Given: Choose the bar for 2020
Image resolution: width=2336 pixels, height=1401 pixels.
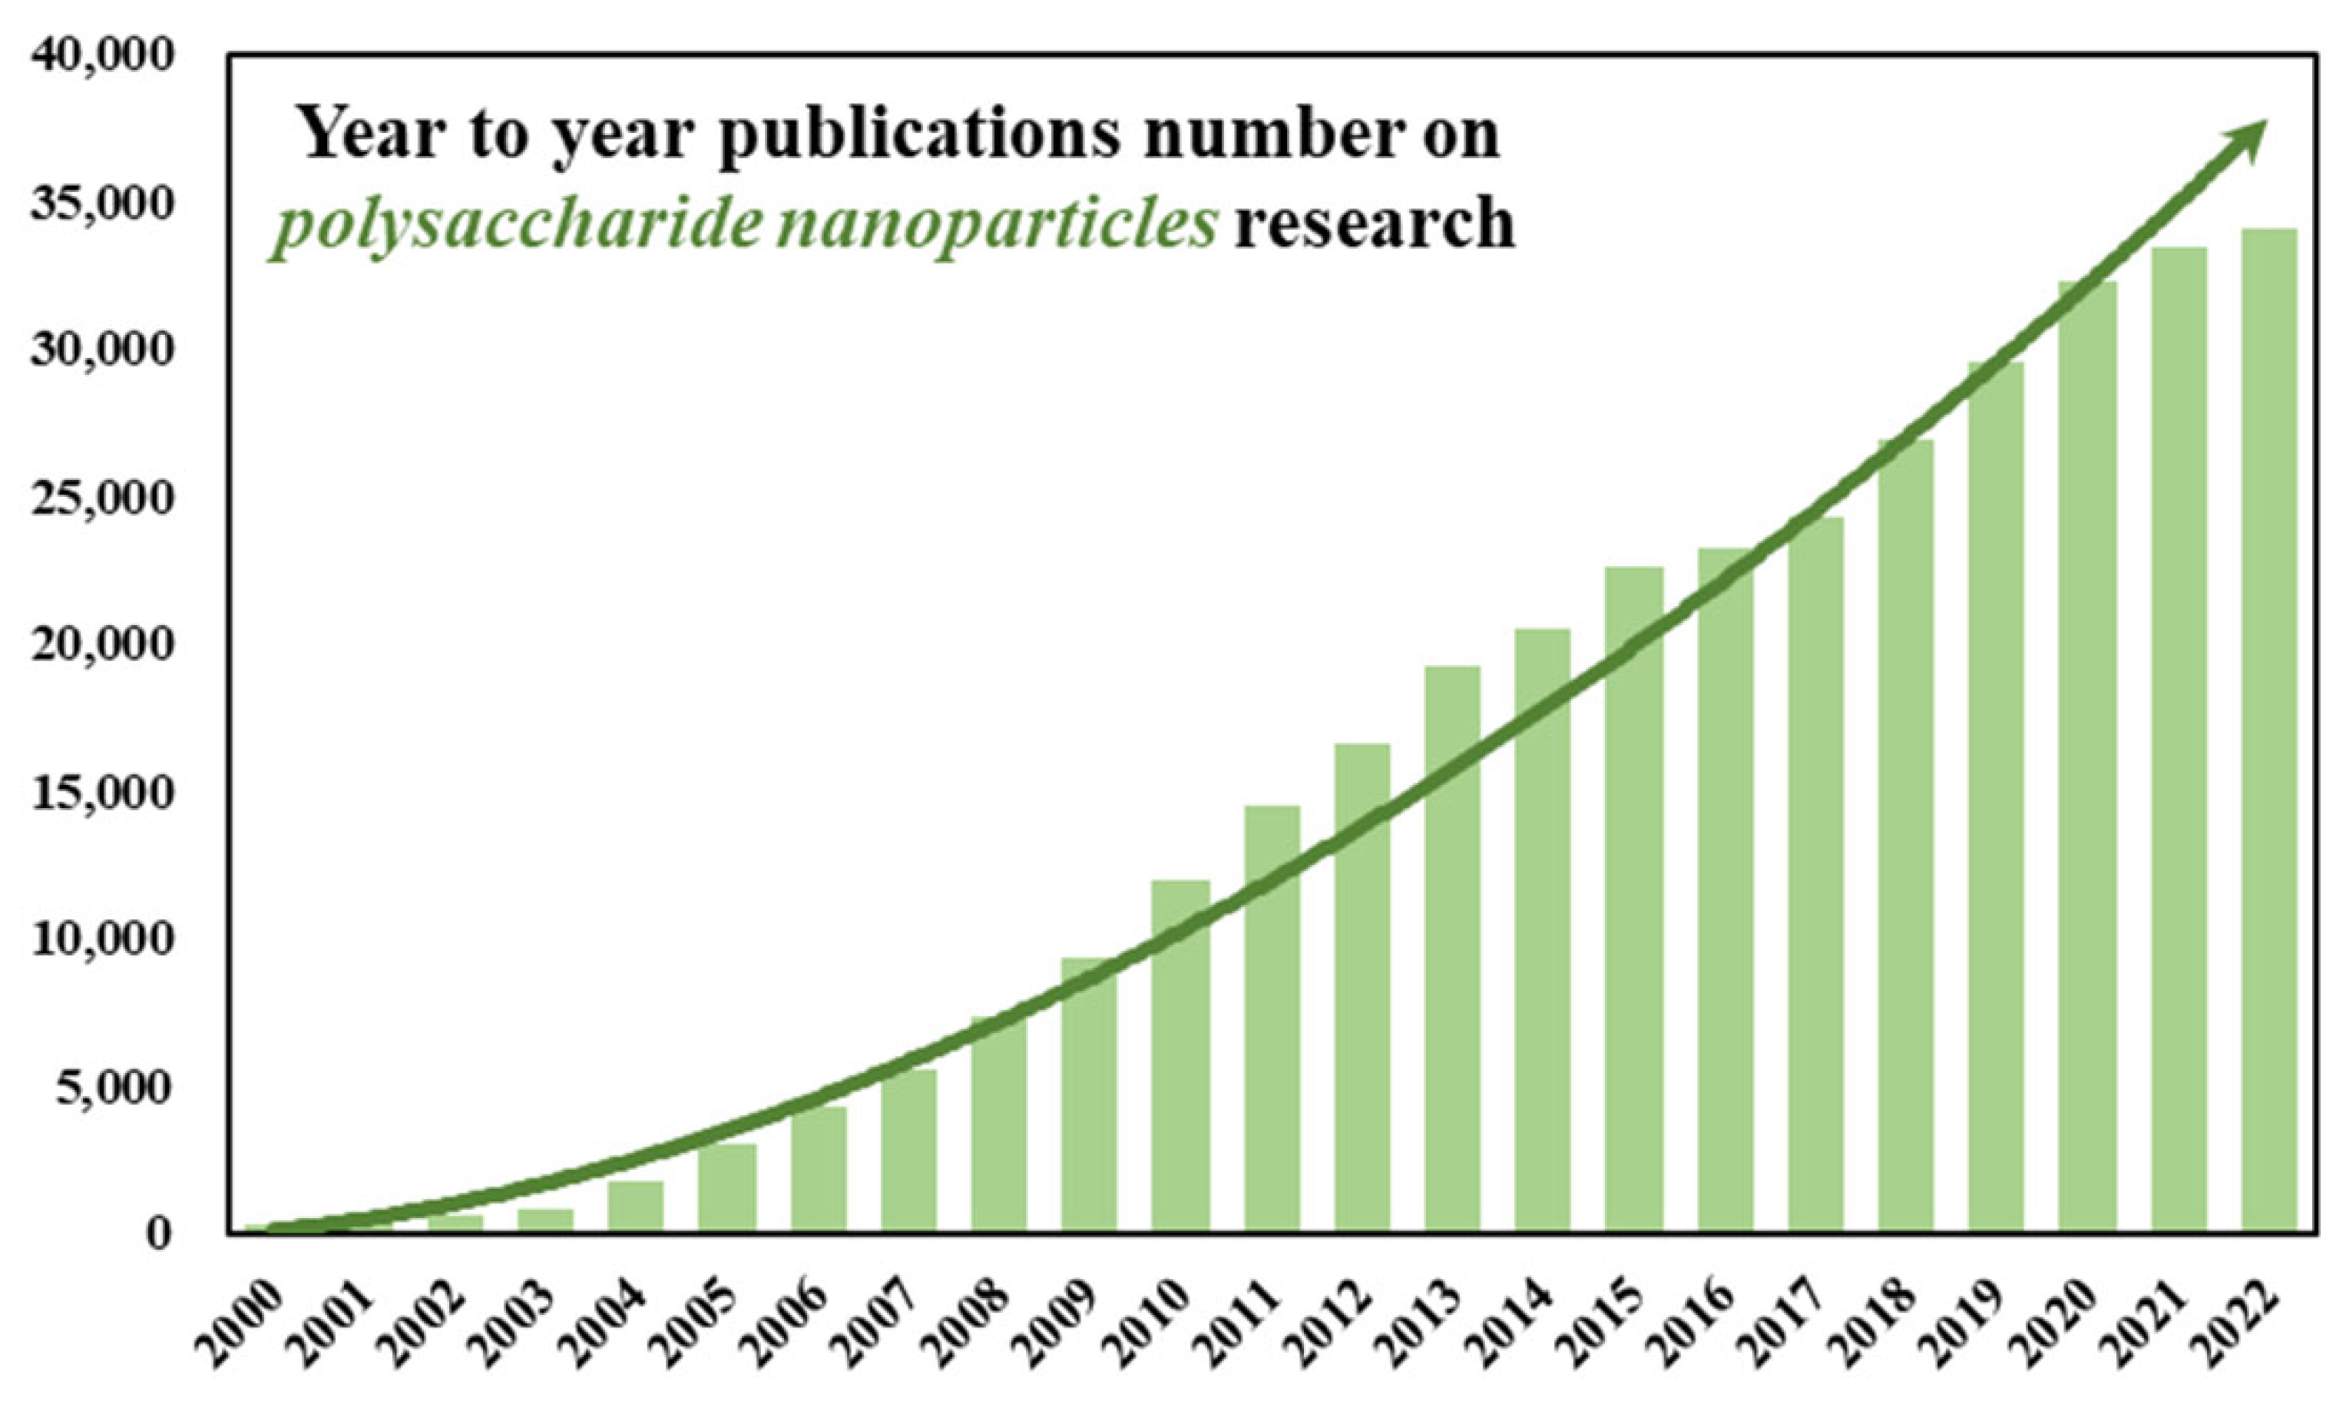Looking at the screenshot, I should point(2088,755).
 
